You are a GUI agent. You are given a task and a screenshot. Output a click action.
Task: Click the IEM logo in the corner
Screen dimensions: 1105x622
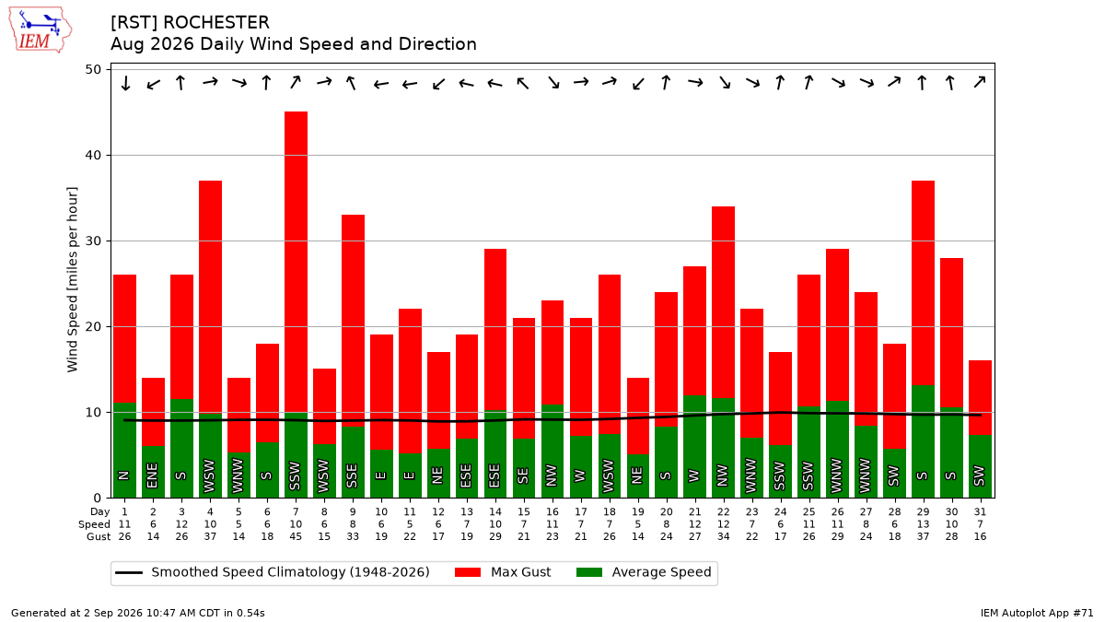(x=40, y=30)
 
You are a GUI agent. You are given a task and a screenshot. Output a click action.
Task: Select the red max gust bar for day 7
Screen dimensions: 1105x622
(x=296, y=262)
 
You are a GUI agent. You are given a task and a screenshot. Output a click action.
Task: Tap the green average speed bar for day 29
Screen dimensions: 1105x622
(x=923, y=441)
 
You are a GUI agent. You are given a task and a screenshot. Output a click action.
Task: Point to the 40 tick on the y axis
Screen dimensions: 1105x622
(x=93, y=155)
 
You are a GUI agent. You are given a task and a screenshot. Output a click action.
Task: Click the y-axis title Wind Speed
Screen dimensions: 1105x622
(x=73, y=279)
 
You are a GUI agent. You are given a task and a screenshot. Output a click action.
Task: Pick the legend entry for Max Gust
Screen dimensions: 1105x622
(x=503, y=572)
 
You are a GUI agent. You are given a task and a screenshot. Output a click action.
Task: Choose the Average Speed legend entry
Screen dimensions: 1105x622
(x=644, y=572)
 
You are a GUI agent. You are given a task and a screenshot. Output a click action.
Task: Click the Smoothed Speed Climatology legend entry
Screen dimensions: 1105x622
(x=273, y=572)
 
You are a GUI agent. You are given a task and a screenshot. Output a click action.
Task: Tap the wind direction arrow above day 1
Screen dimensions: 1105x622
(x=125, y=83)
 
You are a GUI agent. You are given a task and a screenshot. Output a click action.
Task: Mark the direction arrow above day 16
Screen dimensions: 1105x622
(x=553, y=82)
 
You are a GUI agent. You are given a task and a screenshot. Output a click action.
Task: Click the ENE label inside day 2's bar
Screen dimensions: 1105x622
(x=153, y=475)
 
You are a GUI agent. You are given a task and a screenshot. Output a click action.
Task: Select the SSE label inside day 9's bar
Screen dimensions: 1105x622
(x=352, y=475)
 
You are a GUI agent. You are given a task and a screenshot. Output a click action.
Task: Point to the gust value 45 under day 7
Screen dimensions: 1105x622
(x=296, y=536)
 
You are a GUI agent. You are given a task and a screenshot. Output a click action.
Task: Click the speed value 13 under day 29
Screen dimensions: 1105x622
(x=923, y=524)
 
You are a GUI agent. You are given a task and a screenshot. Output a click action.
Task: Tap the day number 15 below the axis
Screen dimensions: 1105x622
(x=524, y=512)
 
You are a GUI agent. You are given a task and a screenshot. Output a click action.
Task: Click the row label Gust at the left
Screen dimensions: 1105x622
(x=99, y=536)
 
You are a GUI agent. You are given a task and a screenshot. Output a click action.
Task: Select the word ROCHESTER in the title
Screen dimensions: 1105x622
(x=216, y=23)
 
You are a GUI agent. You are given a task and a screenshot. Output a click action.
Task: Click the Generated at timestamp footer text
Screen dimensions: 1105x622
(x=137, y=613)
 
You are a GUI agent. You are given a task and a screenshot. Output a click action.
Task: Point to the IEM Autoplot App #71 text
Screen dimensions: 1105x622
(x=1037, y=613)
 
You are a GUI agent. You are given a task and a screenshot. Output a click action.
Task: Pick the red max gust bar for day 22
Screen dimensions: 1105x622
(x=723, y=302)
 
